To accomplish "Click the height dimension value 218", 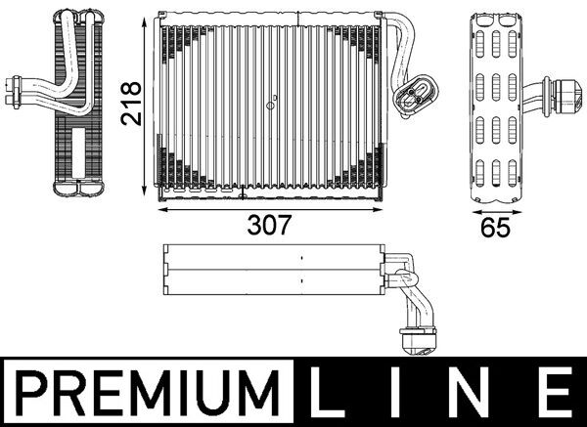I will coord(132,102).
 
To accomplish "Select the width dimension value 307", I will coord(268,226).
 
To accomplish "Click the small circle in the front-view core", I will coord(273,97).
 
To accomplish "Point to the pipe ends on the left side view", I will coord(17,91).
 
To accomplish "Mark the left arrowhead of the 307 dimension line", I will coord(162,207).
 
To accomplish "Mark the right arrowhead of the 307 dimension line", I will coord(378,207).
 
